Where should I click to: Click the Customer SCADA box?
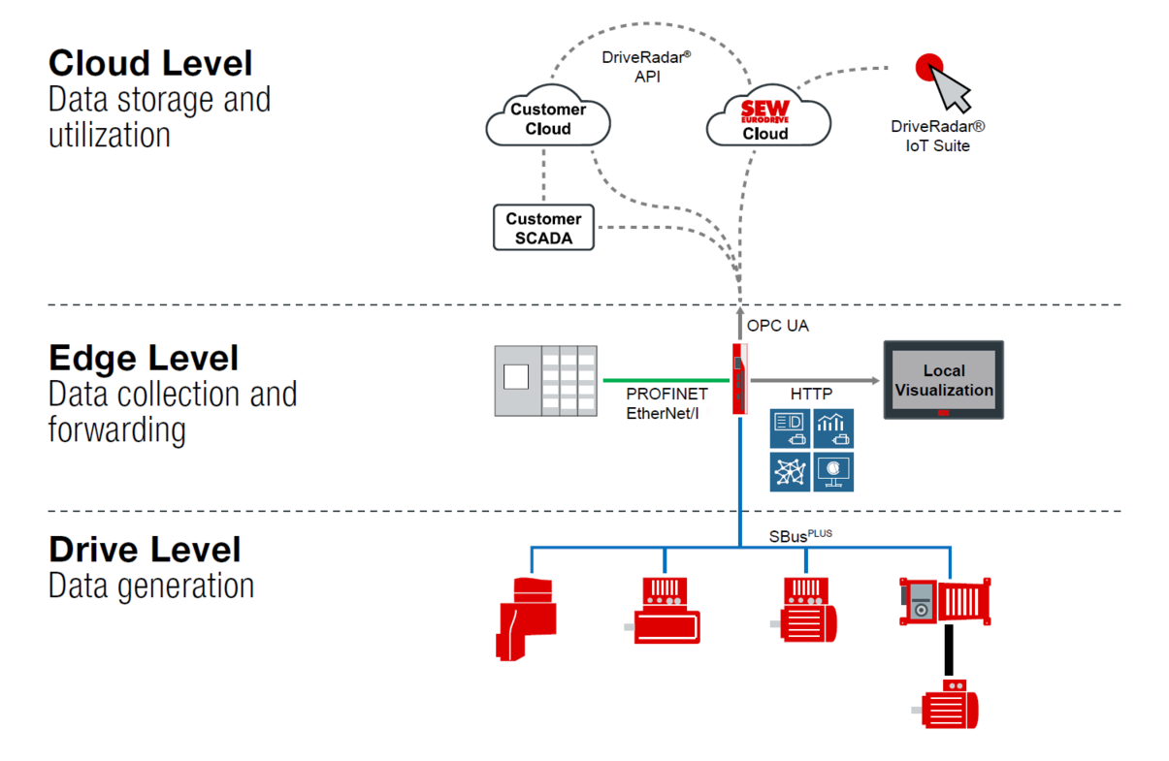pyautogui.click(x=543, y=228)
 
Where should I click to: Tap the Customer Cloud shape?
pyautogui.click(x=547, y=119)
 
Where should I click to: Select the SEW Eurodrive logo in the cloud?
pyautogui.click(x=765, y=111)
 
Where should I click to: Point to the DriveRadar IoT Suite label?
pyautogui.click(x=938, y=137)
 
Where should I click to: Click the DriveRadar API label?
pyautogui.click(x=646, y=66)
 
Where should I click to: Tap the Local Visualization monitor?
pyautogui.click(x=943, y=379)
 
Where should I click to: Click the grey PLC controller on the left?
pyautogui.click(x=546, y=379)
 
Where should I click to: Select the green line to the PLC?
pyautogui.click(x=664, y=380)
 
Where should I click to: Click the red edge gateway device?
pyautogui.click(x=739, y=377)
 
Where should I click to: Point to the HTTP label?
pyautogui.click(x=812, y=396)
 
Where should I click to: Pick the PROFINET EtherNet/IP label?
pyautogui.click(x=666, y=403)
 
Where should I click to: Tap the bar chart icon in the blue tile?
pyautogui.click(x=833, y=428)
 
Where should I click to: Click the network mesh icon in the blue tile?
pyautogui.click(x=790, y=472)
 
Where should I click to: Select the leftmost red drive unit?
pyautogui.click(x=526, y=618)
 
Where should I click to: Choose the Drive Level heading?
pyautogui.click(x=145, y=550)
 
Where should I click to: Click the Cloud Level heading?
pyautogui.click(x=150, y=64)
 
